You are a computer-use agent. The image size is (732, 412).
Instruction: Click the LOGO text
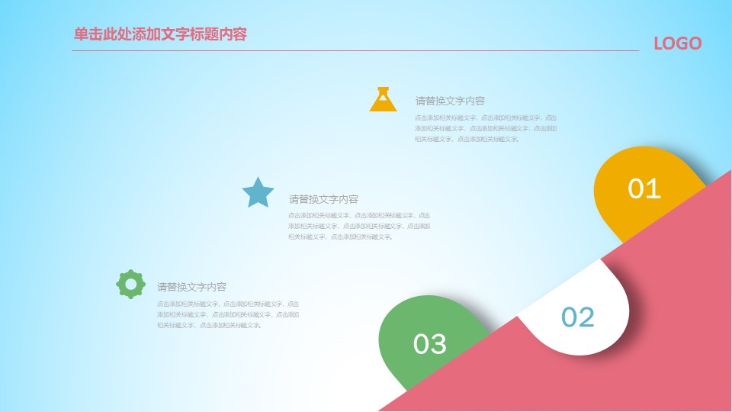677,43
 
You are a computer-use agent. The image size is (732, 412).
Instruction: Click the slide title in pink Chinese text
160,34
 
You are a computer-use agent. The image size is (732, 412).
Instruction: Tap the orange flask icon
383,100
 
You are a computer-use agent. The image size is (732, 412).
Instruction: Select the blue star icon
258,193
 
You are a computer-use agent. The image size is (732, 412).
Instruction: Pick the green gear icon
130,284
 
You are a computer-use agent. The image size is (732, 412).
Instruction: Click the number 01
644,188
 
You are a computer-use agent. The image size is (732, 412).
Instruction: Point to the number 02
577,317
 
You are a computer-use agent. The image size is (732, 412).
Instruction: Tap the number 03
429,344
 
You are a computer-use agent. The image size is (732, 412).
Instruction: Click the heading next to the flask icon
450,101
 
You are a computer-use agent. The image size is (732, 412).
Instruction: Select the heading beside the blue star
323,199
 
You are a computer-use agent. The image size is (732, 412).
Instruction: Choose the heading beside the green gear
191,288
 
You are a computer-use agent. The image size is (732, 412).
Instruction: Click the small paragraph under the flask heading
485,128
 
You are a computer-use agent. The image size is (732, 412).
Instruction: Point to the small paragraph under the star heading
358,226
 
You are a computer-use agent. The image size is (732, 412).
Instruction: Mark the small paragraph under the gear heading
227,314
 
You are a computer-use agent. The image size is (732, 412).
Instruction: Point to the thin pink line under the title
355,51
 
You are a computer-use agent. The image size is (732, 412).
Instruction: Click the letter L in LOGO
659,43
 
